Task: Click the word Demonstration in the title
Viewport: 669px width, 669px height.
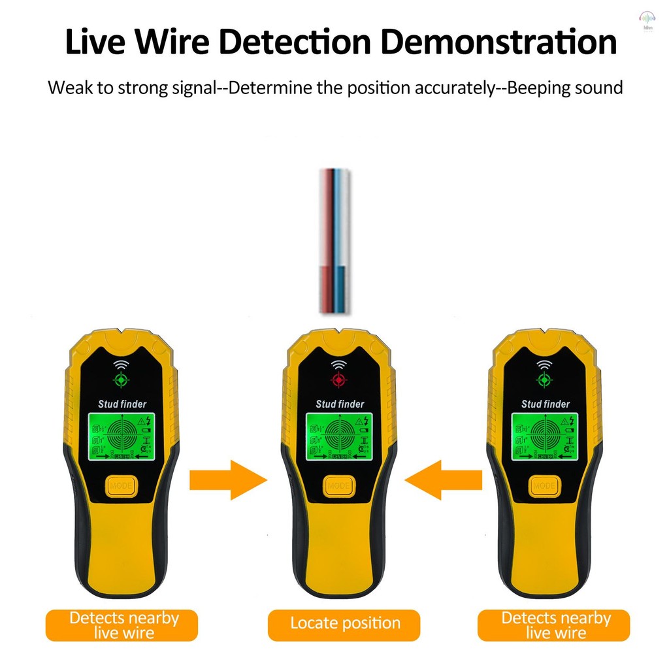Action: click(x=498, y=42)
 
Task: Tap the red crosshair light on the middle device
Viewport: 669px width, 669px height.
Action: click(x=338, y=380)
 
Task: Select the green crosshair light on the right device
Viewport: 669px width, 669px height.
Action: click(x=544, y=380)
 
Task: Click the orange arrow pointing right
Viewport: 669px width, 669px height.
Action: click(x=228, y=480)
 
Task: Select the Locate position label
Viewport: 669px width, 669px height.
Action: click(x=344, y=623)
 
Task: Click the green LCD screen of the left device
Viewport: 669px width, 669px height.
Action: click(x=122, y=436)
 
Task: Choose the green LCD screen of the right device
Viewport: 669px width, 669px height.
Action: click(x=545, y=436)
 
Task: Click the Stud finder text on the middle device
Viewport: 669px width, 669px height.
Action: click(x=340, y=404)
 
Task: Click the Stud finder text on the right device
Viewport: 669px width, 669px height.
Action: click(x=545, y=404)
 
